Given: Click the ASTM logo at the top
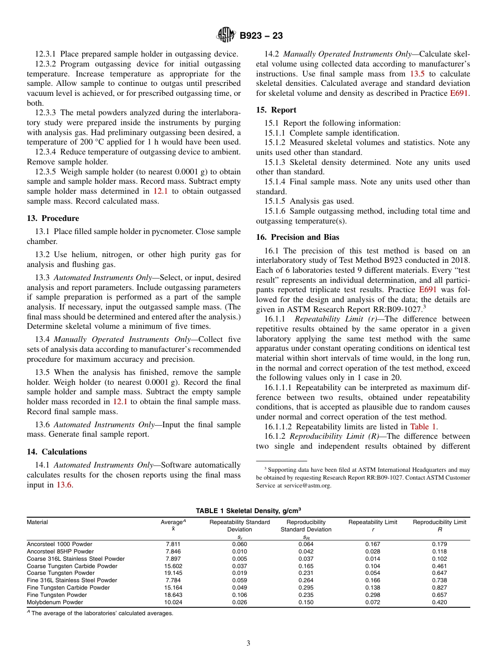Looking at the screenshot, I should tap(226, 36).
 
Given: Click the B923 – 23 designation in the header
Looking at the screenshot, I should tap(261, 36).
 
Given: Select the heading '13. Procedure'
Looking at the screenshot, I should tap(53, 218).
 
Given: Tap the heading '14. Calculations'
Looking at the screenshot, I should tap(57, 452).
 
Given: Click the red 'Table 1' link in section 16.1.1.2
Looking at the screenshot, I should tap(423, 427).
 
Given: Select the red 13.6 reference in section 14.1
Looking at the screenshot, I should tap(64, 485).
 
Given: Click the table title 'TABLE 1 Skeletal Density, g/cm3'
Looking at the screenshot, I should tap(248, 510).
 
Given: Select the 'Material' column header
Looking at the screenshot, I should tap(37, 522).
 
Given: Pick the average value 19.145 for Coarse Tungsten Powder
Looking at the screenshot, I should tap(173, 573).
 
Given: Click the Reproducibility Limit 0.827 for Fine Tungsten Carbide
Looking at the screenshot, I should tap(439, 587).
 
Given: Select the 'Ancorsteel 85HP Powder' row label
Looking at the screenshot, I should tap(60, 551).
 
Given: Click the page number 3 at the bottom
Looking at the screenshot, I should tap(249, 643).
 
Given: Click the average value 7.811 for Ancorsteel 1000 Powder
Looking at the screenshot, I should tap(173, 544).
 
